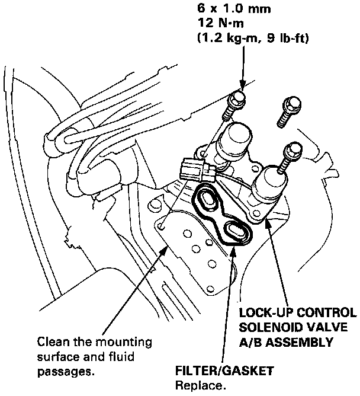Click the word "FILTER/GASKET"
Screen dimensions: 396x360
[224, 372]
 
